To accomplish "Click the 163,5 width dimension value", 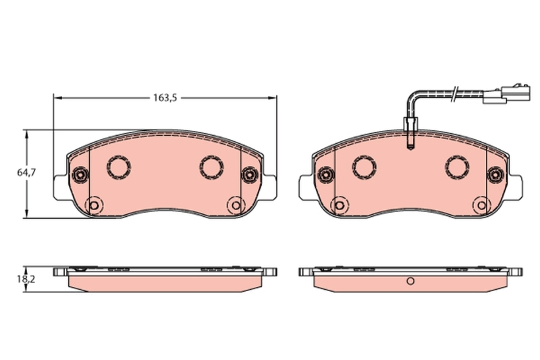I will [x=164, y=98].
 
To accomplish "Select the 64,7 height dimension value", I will [x=26, y=173].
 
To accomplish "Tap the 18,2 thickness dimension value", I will [x=26, y=278].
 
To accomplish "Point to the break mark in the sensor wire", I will [x=456, y=93].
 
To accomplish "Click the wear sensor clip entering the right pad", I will [x=410, y=131].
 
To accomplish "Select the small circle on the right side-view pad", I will [x=410, y=282].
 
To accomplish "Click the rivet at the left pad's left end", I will [x=81, y=174].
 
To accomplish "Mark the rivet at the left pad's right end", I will [x=249, y=174].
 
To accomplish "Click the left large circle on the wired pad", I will [x=364, y=166].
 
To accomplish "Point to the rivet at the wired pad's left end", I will [x=326, y=174].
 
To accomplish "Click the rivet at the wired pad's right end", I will [x=495, y=174].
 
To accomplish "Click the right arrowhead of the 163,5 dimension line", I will [x=273, y=98].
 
